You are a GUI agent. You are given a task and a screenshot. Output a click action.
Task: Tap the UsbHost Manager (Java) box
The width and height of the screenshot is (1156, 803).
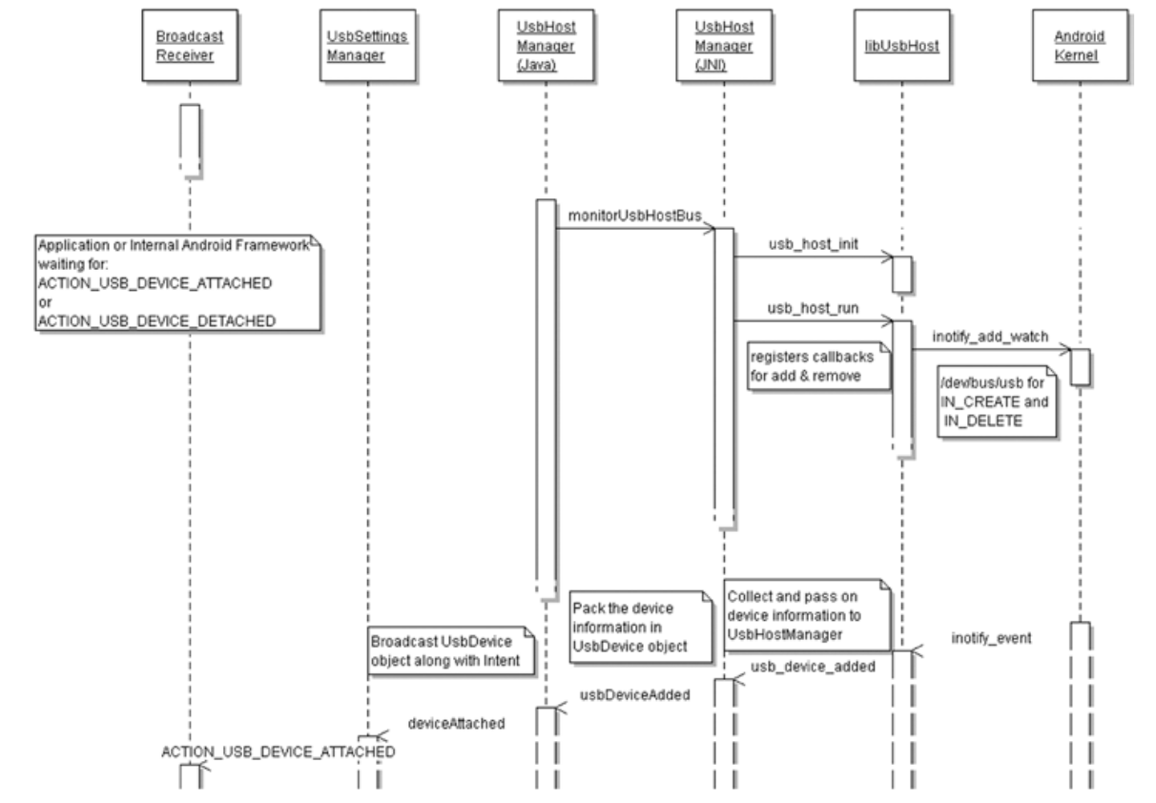point(546,45)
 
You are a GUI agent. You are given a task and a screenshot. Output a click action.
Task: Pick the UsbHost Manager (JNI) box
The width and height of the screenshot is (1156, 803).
point(724,45)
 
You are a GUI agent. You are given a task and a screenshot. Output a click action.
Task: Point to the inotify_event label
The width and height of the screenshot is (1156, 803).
point(990,638)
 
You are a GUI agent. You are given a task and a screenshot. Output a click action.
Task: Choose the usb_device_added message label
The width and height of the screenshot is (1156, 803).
point(813,667)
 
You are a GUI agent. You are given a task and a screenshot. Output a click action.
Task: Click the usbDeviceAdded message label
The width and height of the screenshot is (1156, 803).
point(633,694)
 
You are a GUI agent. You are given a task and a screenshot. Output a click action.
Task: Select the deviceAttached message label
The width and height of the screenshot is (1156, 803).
point(456,723)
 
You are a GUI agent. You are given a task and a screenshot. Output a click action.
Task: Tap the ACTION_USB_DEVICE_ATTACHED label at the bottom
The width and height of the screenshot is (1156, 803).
point(278,752)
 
